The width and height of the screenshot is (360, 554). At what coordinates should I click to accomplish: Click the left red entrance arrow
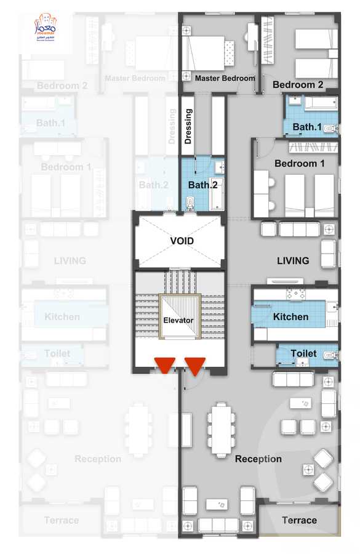166,365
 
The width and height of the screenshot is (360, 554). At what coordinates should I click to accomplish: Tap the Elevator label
178,320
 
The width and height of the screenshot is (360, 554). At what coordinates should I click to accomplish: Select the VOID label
182,241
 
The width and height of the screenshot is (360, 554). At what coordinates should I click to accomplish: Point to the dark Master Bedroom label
225,78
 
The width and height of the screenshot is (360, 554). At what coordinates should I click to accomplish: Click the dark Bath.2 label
203,185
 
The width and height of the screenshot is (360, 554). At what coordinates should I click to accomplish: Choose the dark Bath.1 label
307,127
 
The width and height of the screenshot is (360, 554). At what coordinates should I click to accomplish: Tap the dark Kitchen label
290,316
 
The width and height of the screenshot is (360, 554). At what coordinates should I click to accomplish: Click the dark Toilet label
303,353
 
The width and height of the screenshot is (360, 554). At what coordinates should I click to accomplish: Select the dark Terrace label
299,520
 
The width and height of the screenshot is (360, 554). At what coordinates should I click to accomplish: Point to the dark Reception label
258,459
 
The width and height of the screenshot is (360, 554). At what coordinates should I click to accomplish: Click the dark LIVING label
293,260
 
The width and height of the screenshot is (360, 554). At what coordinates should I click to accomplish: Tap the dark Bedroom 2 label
298,84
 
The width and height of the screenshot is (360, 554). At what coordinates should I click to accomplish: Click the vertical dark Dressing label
188,127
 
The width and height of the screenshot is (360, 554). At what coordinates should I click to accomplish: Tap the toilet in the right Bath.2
190,203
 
